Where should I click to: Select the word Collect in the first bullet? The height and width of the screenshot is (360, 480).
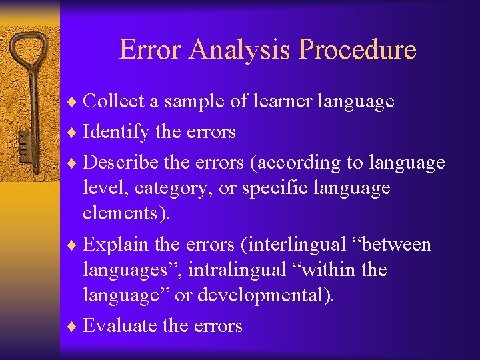(x=113, y=101)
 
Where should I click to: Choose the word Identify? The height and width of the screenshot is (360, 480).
(x=116, y=132)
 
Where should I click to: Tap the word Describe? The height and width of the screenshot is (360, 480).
(x=119, y=162)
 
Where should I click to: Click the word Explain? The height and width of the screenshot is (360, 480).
(x=116, y=245)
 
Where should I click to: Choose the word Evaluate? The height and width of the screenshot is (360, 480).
(x=120, y=325)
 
